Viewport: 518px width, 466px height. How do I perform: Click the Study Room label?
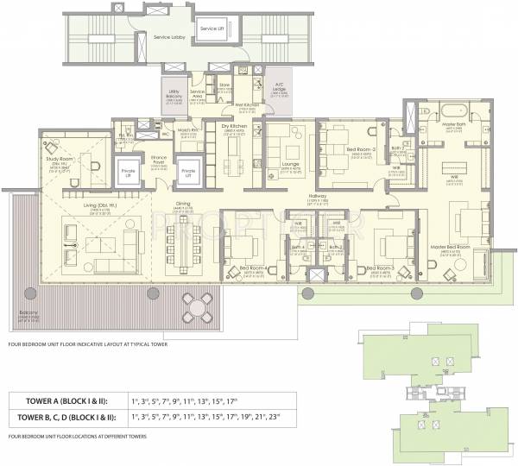tap(59, 160)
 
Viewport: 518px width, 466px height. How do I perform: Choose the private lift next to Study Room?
tap(129, 171)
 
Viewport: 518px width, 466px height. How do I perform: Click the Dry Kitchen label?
tap(234, 127)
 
